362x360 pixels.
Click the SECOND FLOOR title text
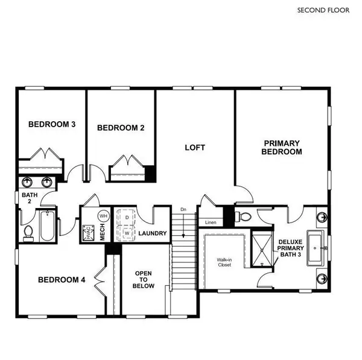pos(323,10)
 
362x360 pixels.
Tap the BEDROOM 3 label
pos(52,125)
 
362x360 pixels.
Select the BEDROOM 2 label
pos(121,127)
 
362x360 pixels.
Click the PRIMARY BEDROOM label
pos(281,148)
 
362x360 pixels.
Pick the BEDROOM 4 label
pos(62,280)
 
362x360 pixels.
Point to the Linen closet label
pos(211,223)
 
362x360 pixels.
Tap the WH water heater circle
pos(103,215)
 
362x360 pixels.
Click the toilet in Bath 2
pos(28,232)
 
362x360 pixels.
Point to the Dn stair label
pos(183,209)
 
